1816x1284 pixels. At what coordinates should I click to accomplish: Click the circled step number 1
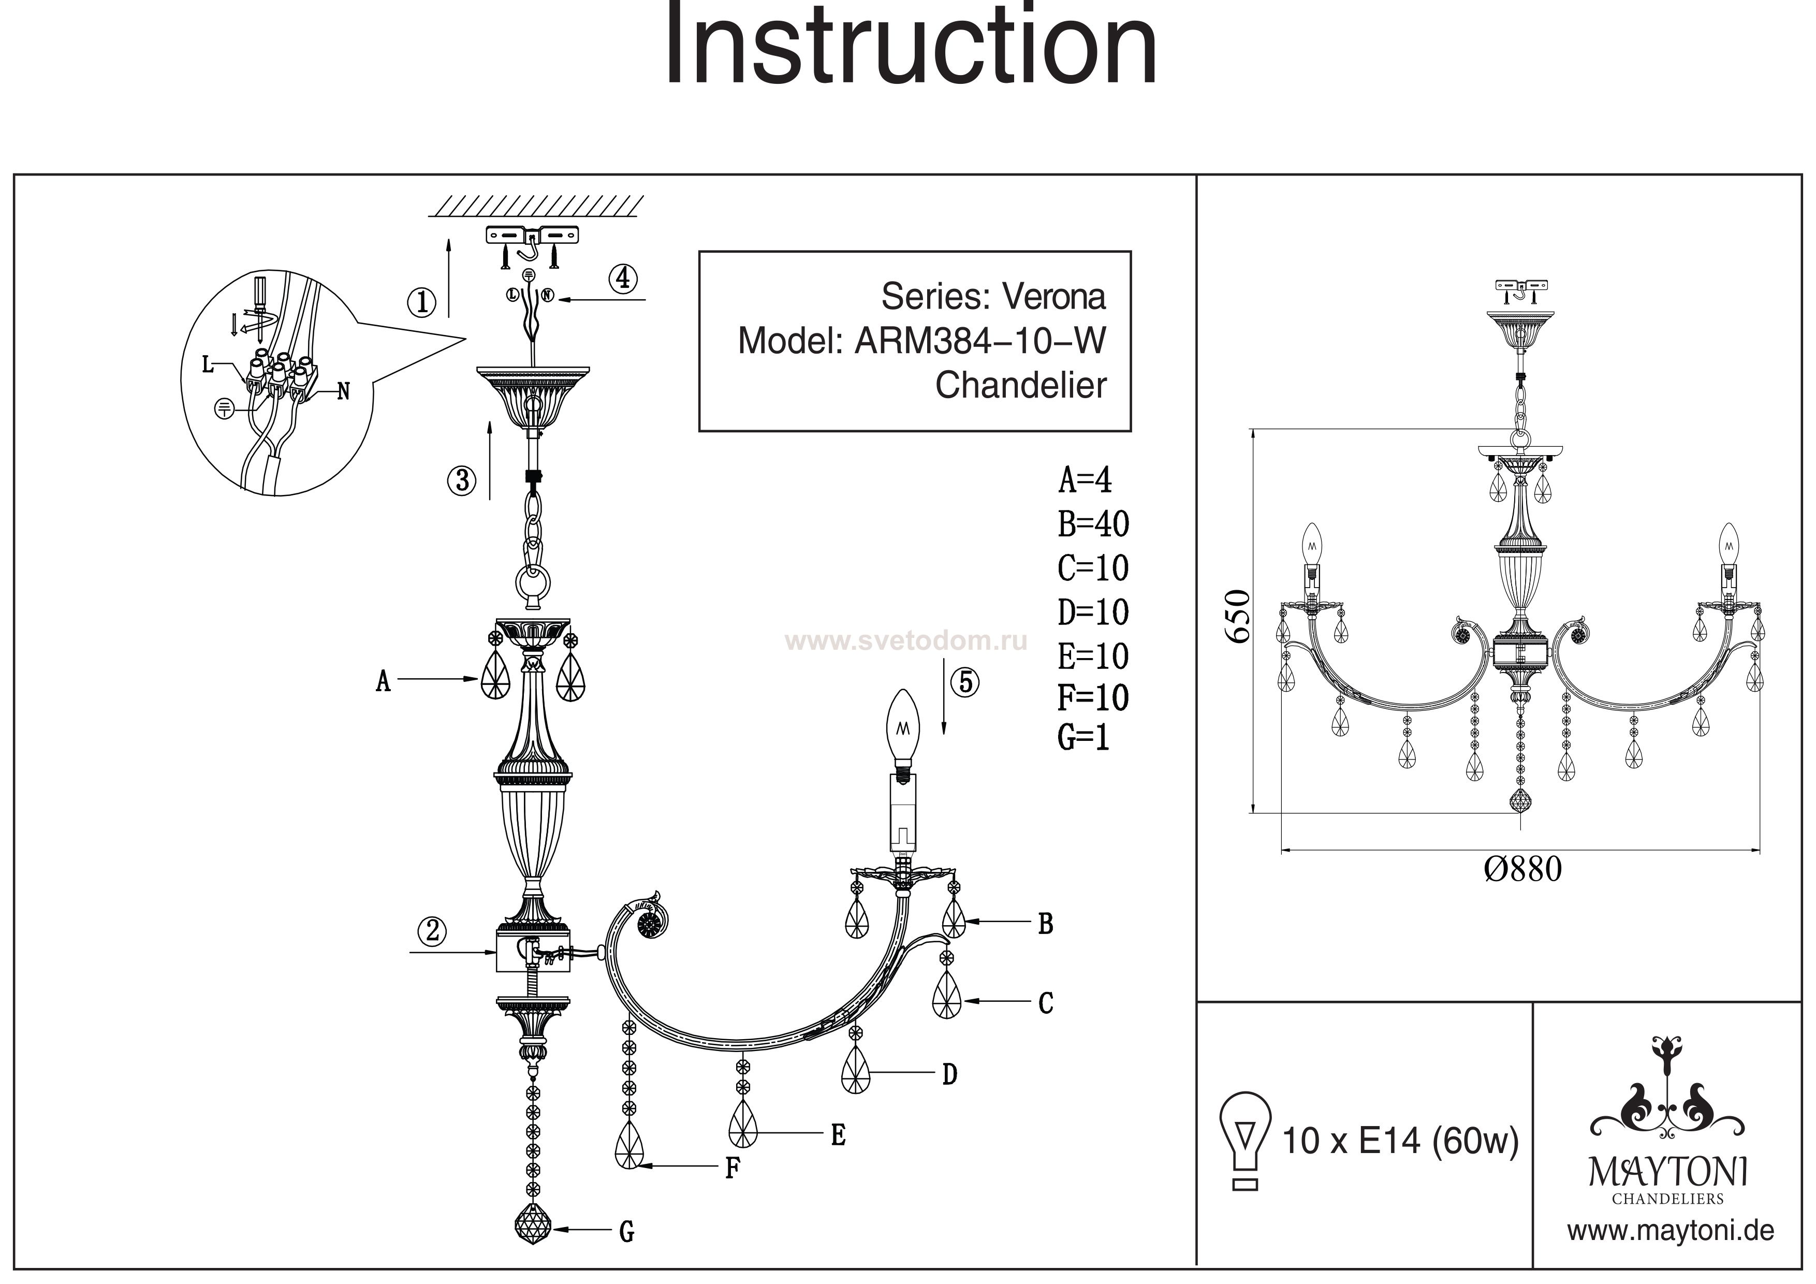421,301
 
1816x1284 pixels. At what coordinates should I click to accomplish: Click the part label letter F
733,1168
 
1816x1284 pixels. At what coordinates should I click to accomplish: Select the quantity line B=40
1093,524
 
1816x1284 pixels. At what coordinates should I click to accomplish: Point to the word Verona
1055,297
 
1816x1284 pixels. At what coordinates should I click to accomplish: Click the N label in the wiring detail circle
343,391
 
